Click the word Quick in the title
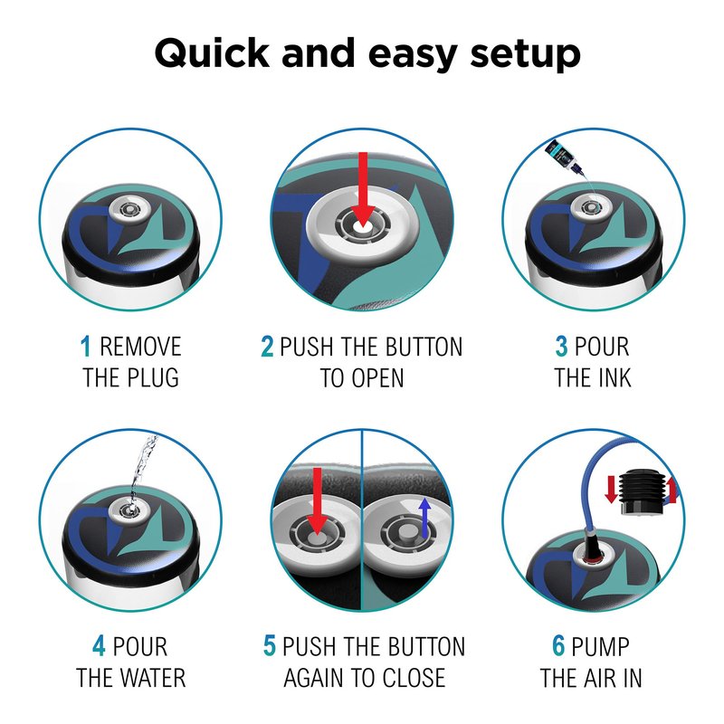pos(212,53)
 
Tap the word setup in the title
pos(525,55)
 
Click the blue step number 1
pos(85,347)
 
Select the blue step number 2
pos(267,347)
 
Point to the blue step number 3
pos(561,347)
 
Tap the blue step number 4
pos(99,645)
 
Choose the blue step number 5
pos(270,645)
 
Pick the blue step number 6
pos(558,645)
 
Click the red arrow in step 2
pos(363,189)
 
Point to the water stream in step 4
pos(143,470)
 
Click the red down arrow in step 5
pos(318,501)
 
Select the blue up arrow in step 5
pos(424,518)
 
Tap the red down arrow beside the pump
pos(611,490)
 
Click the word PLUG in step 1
pos(153,377)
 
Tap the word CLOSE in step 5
pos(414,677)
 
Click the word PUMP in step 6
pos(600,645)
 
